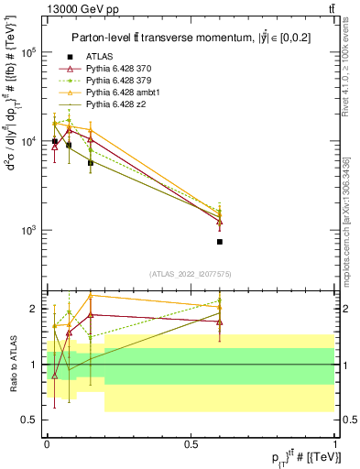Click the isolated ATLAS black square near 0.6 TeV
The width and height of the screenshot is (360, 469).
tap(220, 242)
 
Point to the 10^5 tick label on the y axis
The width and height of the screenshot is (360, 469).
tap(29, 53)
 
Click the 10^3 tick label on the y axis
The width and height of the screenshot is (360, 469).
tap(29, 230)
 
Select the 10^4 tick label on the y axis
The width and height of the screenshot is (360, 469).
tap(29, 142)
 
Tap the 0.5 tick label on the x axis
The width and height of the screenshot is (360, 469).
tap(191, 443)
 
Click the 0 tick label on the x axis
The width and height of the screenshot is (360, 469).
tap(47, 443)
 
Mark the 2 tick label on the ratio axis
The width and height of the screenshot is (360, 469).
tap(34, 309)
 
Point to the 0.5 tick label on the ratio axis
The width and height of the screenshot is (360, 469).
tap(30, 420)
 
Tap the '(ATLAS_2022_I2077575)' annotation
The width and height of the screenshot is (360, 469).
tap(191, 274)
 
